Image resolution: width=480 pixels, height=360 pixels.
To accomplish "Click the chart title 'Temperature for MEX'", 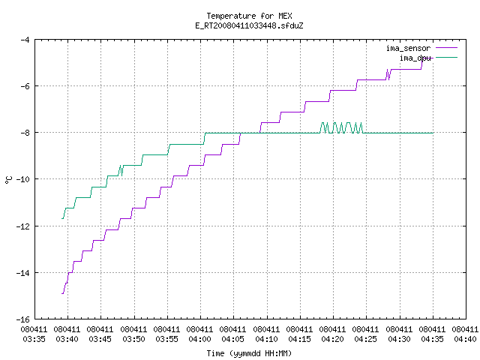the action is pyautogui.click(x=249, y=16).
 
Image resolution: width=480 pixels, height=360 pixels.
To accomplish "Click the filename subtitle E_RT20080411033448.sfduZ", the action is pyautogui.click(x=249, y=25).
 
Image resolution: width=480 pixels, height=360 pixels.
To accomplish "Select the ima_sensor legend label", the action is pyautogui.click(x=408, y=48).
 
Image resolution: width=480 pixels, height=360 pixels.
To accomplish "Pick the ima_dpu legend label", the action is pyautogui.click(x=415, y=58).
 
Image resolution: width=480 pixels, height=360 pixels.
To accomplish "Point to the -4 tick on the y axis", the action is pyautogui.click(x=25, y=40).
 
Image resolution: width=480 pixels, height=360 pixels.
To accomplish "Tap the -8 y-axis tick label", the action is pyautogui.click(x=25, y=133).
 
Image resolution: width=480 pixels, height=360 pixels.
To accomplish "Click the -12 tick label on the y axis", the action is pyautogui.click(x=23, y=226).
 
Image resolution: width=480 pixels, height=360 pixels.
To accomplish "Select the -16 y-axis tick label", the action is pyautogui.click(x=23, y=319).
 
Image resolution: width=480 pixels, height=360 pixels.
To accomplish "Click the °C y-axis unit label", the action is pyautogui.click(x=8, y=180).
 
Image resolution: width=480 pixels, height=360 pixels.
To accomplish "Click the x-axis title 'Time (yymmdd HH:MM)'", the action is pyautogui.click(x=249, y=353).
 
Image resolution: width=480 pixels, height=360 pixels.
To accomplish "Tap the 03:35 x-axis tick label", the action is pyautogui.click(x=34, y=339).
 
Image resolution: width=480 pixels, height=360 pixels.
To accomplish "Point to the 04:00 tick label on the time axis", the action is pyautogui.click(x=200, y=339).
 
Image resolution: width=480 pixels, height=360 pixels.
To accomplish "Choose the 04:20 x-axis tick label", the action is pyautogui.click(x=332, y=339).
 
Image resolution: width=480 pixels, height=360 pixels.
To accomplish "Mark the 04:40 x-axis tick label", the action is pyautogui.click(x=465, y=339).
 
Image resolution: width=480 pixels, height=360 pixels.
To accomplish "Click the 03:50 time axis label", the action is pyautogui.click(x=133, y=339).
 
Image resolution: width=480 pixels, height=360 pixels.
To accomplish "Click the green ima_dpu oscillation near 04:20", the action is pyautogui.click(x=341, y=128).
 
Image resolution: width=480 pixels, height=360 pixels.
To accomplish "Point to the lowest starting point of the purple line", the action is pyautogui.click(x=62, y=293).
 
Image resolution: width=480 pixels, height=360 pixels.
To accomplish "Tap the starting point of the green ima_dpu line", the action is pyautogui.click(x=62, y=218).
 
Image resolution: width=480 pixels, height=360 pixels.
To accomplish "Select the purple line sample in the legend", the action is pyautogui.click(x=447, y=48).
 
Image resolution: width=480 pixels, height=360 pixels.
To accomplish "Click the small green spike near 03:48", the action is pyautogui.click(x=121, y=170).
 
